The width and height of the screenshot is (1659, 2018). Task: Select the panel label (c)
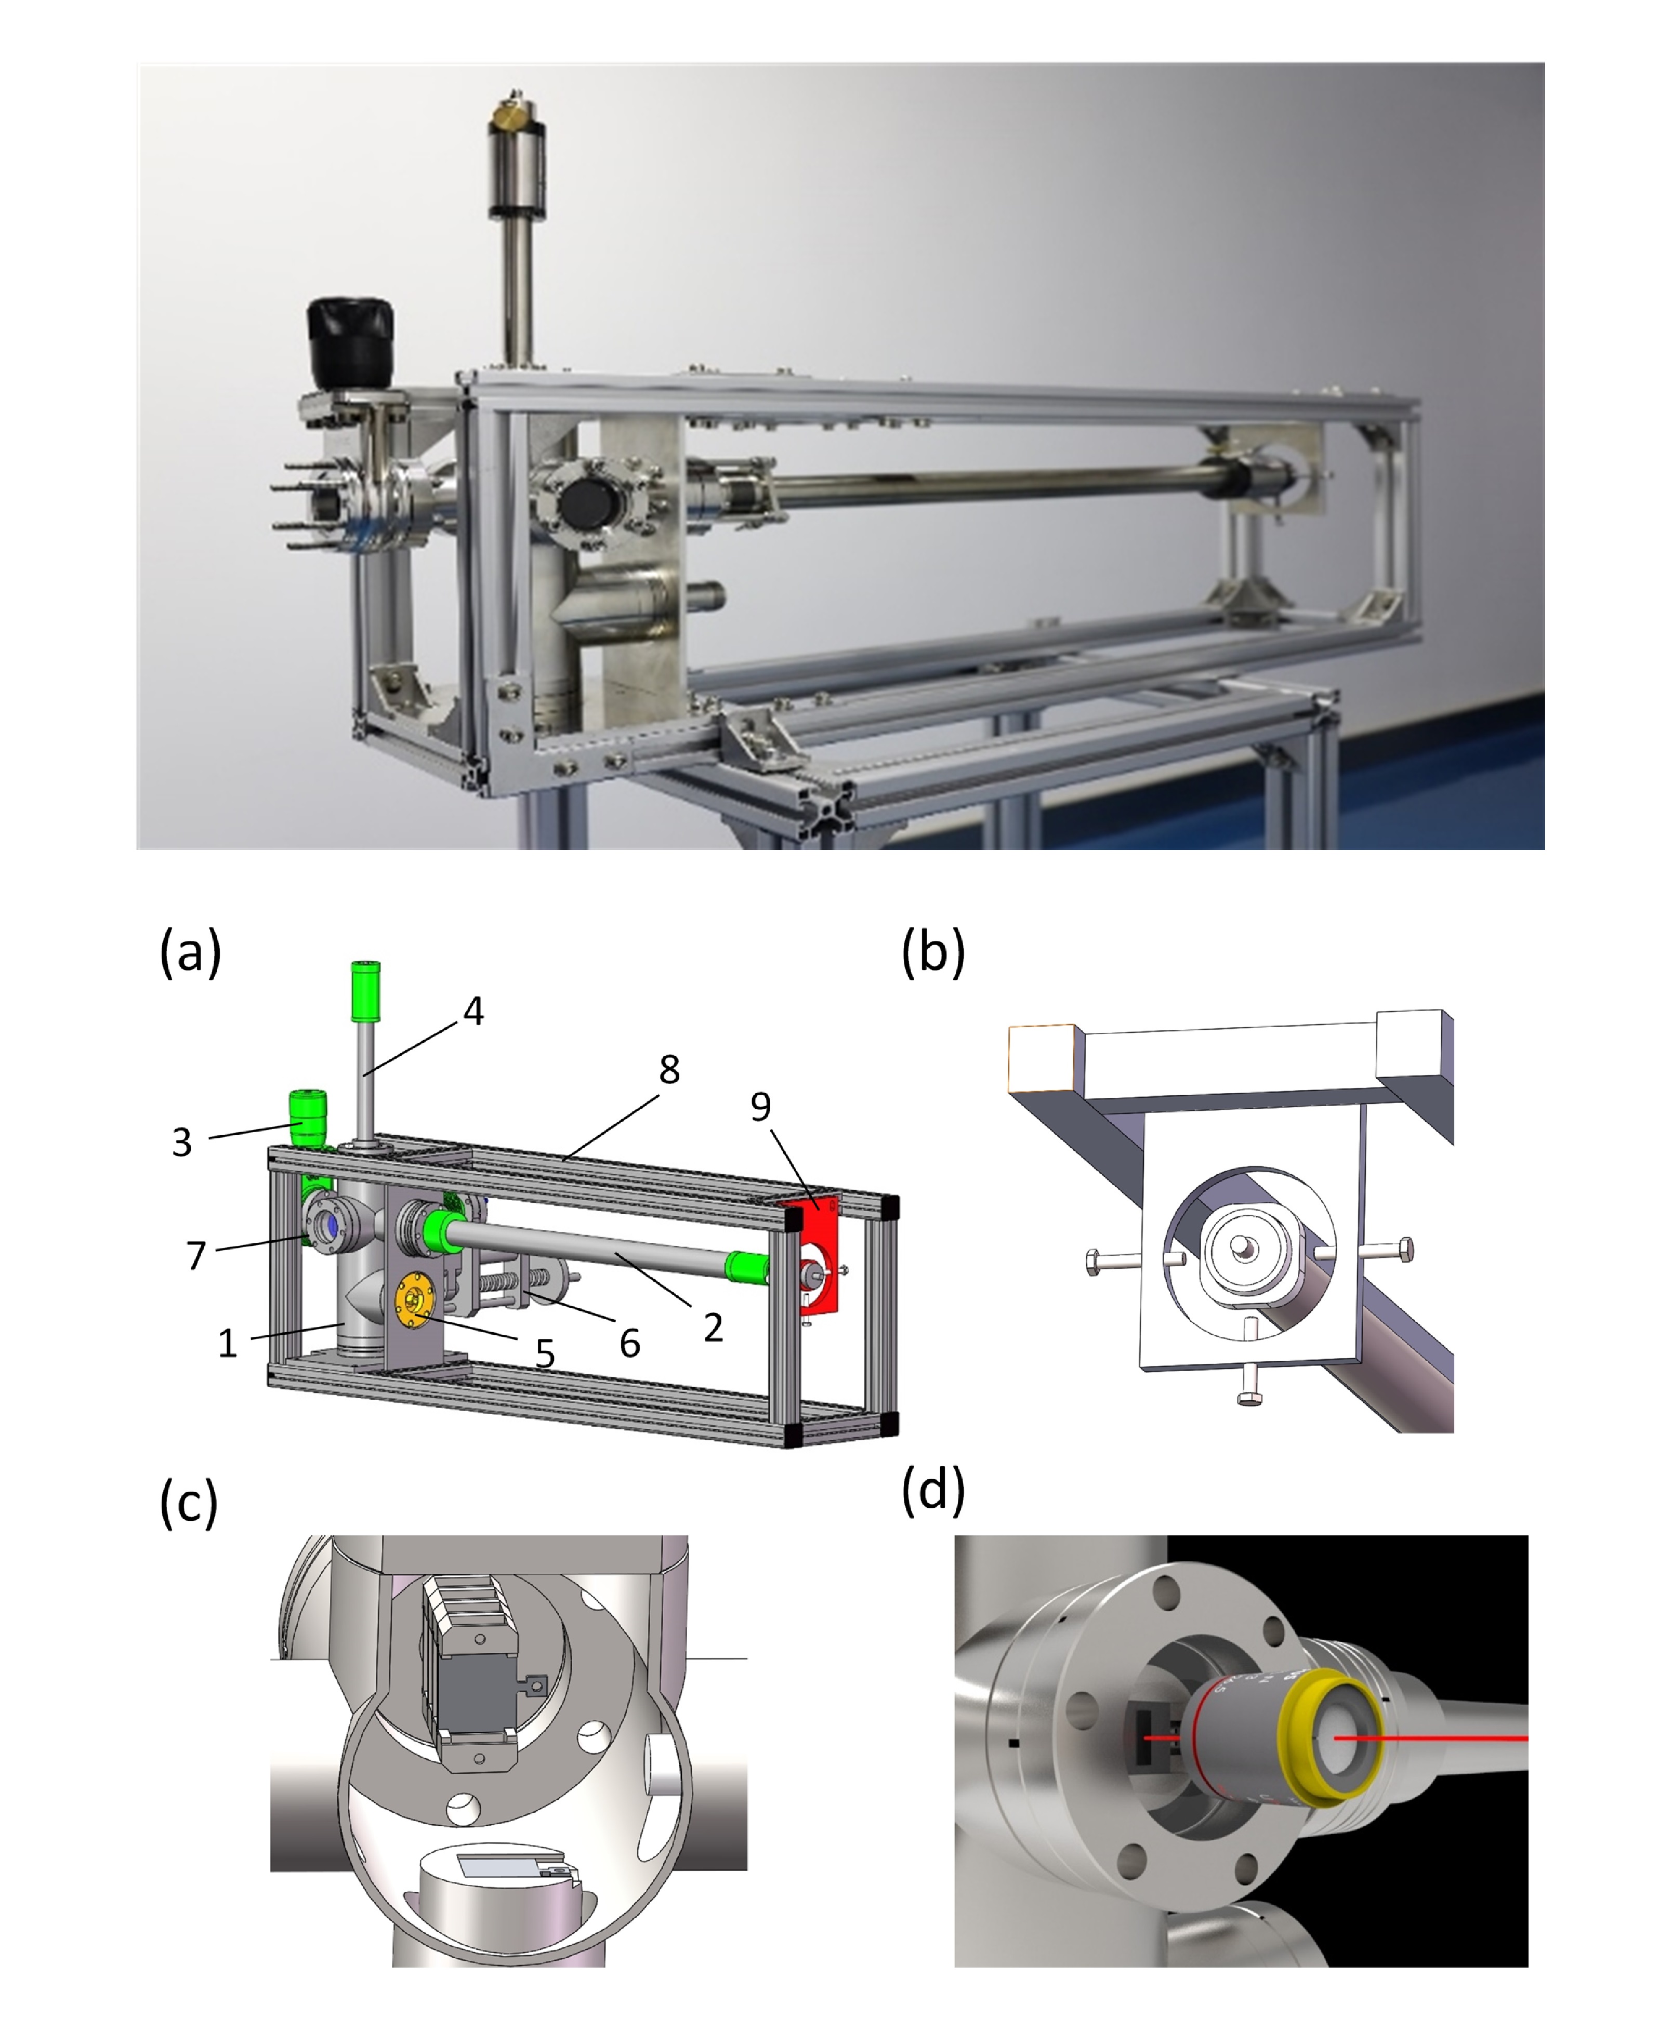188,1502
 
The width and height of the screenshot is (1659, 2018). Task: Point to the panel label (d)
933,1489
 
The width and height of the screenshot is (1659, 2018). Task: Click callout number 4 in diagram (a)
473,1011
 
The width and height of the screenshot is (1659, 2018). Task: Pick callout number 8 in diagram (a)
669,1069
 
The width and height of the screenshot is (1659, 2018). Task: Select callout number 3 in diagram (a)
181,1142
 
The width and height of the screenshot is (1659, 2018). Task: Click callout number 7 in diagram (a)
196,1255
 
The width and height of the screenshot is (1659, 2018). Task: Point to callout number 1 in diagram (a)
228,1344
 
